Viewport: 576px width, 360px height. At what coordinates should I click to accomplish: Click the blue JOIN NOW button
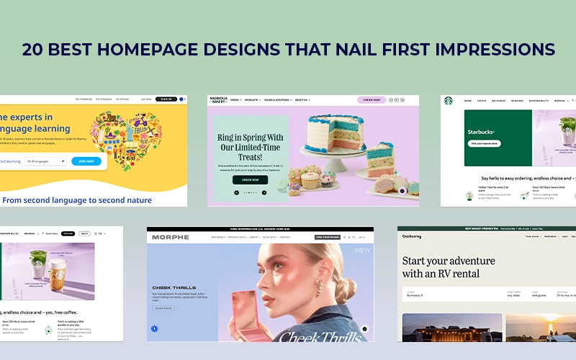86,161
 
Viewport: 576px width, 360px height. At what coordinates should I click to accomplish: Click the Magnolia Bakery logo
219,100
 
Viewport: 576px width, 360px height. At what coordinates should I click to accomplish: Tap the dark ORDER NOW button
250,179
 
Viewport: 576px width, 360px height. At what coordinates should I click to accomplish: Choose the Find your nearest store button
485,143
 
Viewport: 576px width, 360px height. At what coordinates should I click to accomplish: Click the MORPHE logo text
170,236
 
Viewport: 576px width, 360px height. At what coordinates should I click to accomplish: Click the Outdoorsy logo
413,236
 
